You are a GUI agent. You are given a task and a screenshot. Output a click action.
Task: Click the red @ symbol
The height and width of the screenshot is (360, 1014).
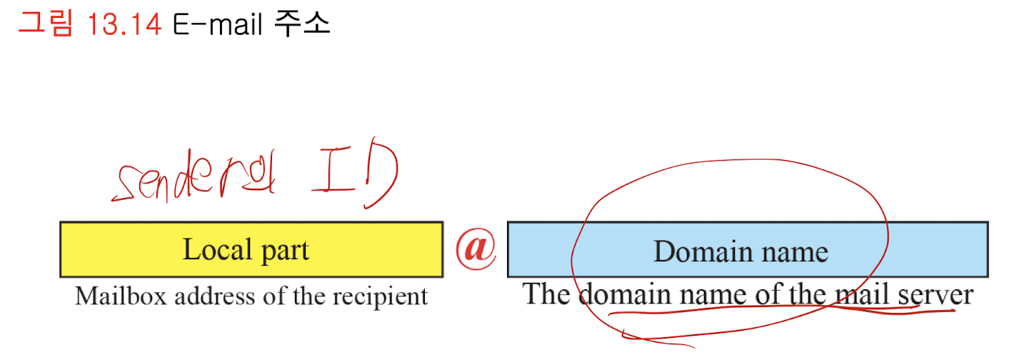[x=476, y=249]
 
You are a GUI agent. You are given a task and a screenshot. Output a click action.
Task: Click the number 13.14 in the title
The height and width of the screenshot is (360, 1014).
[x=123, y=25]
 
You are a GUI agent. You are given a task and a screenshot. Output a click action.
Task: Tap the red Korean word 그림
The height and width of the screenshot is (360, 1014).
[x=44, y=24]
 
